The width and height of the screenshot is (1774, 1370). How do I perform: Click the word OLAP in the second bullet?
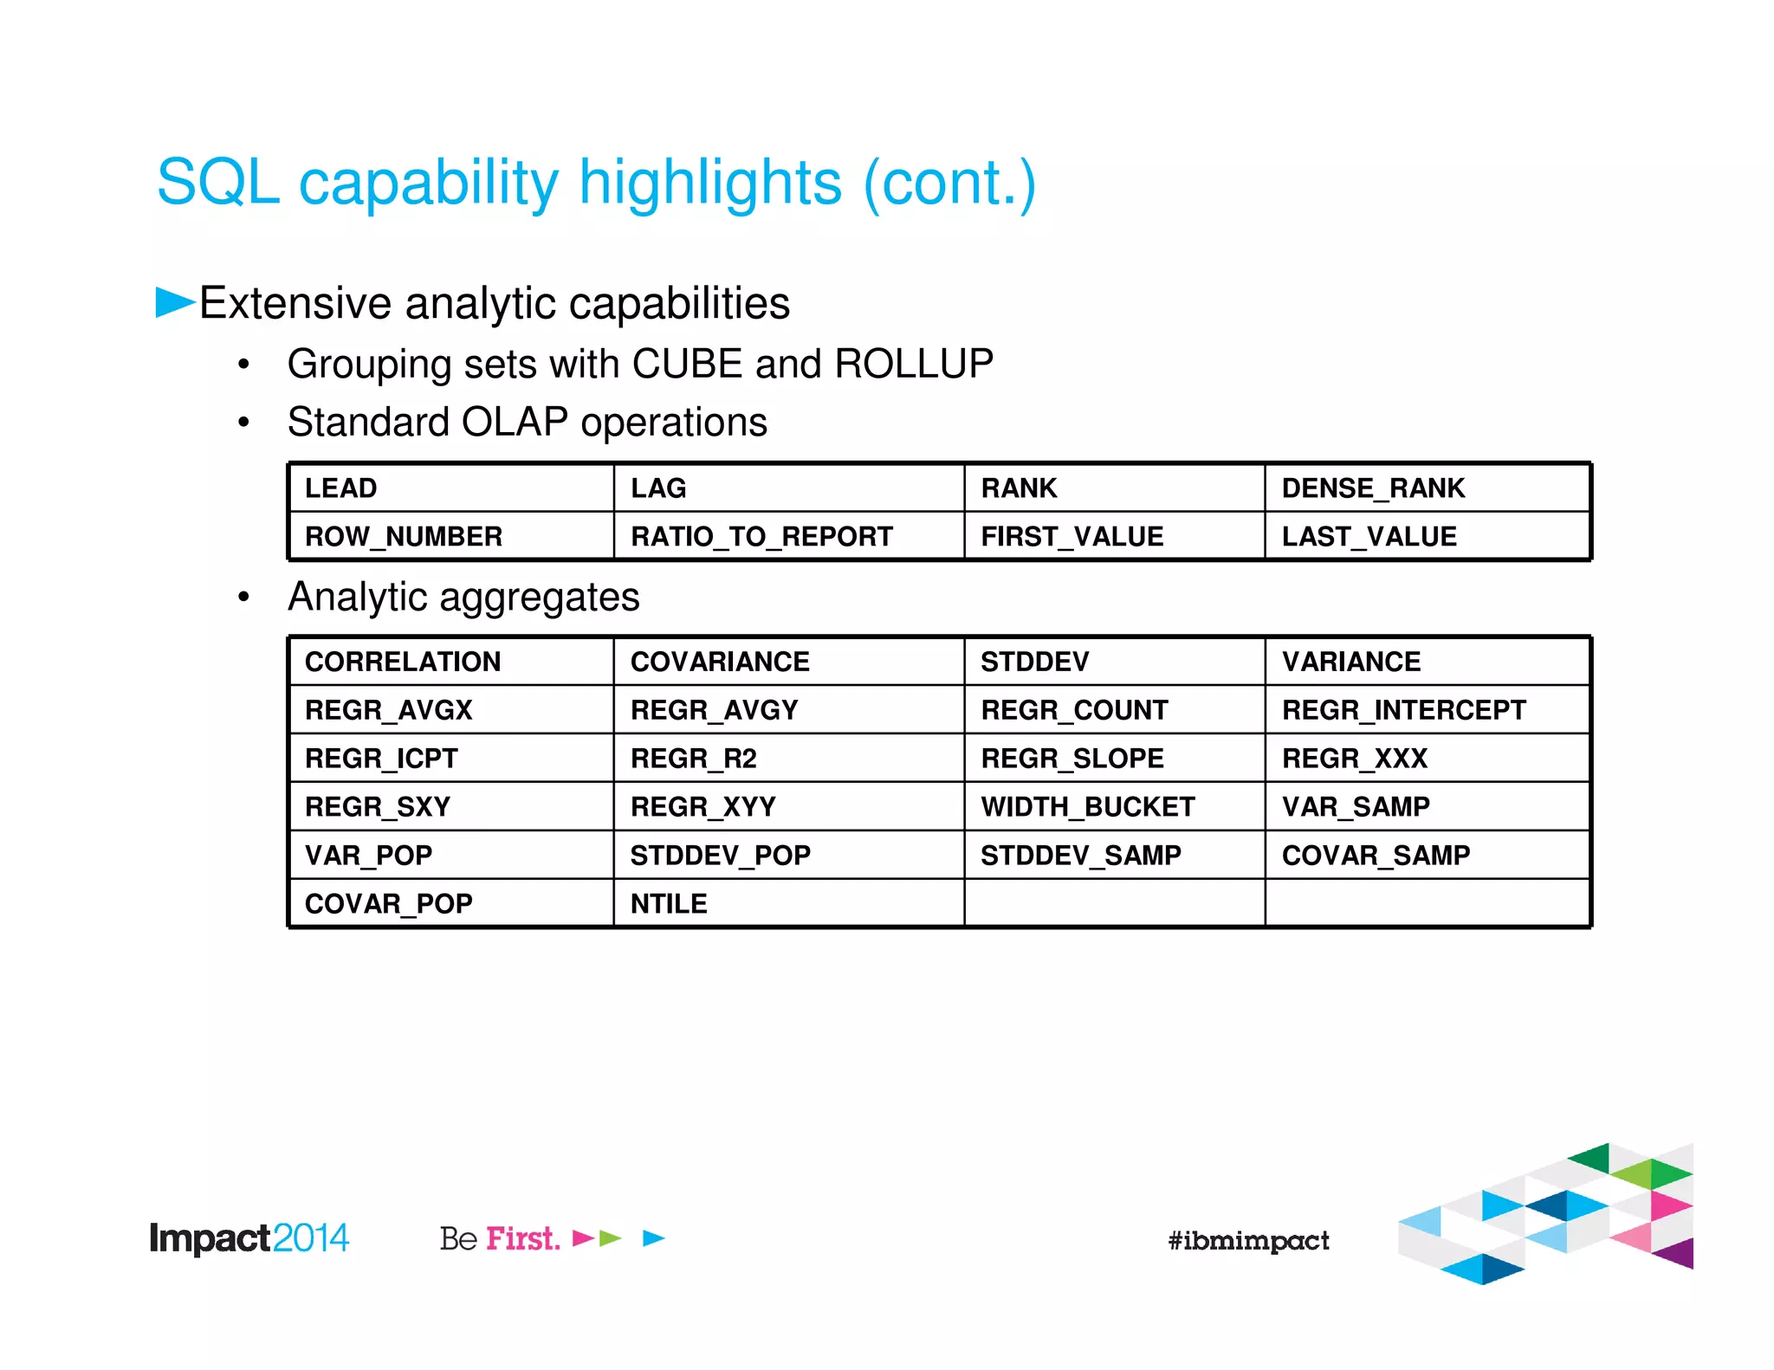515,423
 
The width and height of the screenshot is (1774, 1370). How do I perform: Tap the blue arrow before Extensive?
174,302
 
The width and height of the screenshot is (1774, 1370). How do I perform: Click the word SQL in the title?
217,183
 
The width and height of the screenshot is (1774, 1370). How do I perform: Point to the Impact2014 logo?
249,1238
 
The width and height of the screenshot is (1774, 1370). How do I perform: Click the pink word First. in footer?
522,1238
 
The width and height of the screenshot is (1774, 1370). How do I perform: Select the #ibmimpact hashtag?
1247,1240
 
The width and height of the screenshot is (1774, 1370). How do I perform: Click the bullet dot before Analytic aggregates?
244,598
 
